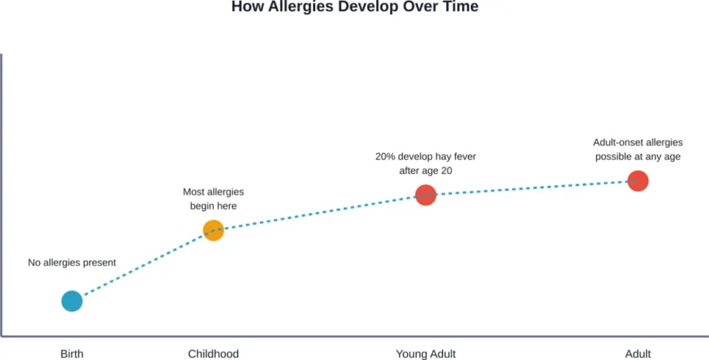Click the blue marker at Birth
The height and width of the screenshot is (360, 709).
tap(72, 301)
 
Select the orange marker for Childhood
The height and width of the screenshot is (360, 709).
tap(213, 230)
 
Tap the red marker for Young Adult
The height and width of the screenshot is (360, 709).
tap(425, 195)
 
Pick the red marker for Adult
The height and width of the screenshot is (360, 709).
tap(637, 181)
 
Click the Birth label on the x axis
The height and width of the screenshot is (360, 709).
tap(72, 354)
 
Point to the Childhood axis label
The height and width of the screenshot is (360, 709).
tap(213, 354)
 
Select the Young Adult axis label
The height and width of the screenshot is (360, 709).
tap(425, 354)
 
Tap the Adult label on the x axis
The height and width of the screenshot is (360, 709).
tap(638, 354)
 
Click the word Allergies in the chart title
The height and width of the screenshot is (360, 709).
tap(294, 7)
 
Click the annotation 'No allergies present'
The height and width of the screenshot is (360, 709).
tap(72, 262)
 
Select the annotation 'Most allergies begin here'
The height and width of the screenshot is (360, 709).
tap(213, 199)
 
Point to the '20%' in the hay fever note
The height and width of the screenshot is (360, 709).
tap(386, 156)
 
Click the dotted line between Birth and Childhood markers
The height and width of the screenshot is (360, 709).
tap(143, 266)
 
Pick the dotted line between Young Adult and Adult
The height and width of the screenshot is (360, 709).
tap(531, 188)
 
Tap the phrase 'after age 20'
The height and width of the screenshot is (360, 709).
tap(425, 170)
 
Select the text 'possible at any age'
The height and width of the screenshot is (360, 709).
tap(638, 156)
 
